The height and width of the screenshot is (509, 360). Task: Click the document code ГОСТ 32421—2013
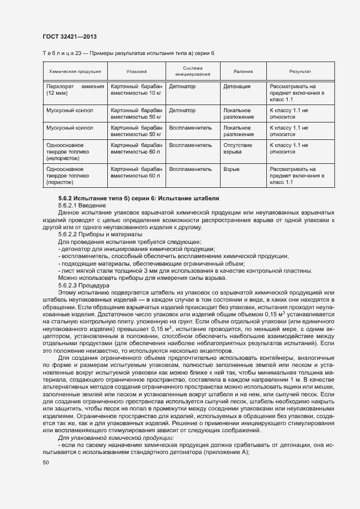(70, 36)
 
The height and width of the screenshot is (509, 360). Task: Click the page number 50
(45, 462)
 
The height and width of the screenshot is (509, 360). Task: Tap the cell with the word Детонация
(237, 87)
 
